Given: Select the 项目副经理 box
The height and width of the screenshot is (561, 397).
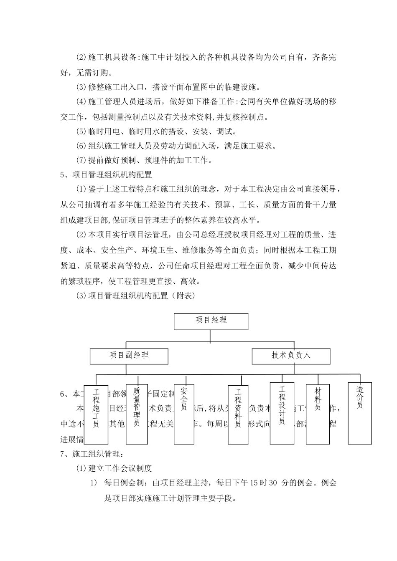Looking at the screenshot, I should [x=129, y=356].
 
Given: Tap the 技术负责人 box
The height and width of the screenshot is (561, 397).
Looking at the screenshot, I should [x=291, y=356].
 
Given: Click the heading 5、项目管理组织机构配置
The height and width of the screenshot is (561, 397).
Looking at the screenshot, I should [x=106, y=174].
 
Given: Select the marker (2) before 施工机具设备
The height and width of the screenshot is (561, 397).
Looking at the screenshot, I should [x=81, y=58].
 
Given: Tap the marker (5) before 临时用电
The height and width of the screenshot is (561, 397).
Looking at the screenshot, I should [x=81, y=131].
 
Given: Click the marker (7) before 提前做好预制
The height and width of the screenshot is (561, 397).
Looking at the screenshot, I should [x=81, y=160].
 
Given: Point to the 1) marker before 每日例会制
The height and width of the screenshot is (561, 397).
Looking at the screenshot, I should [x=94, y=483].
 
